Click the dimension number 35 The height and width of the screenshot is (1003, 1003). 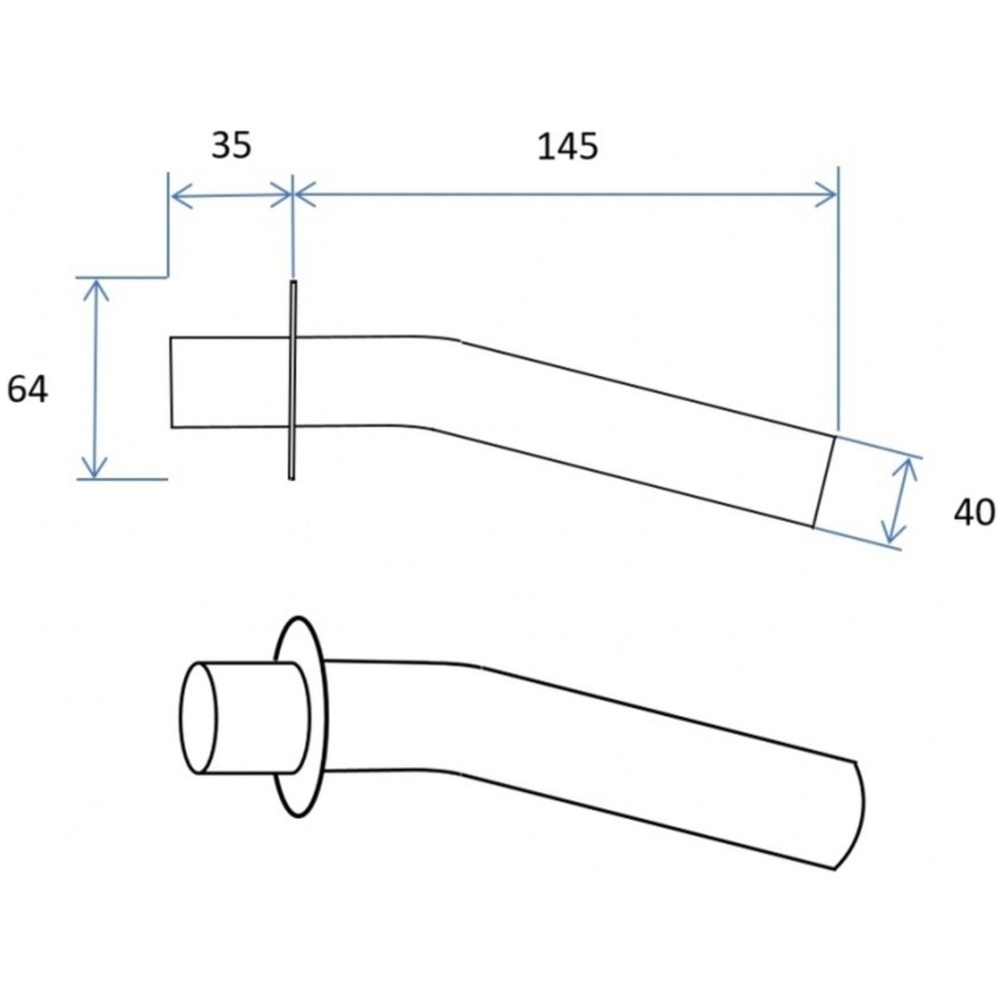231,145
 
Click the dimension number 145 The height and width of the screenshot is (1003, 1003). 567,147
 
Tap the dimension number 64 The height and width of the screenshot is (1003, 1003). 27,389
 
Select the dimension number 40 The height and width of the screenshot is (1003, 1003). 975,513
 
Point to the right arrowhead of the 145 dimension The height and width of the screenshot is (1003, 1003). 826,194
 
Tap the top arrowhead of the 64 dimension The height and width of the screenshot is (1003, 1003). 96,290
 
